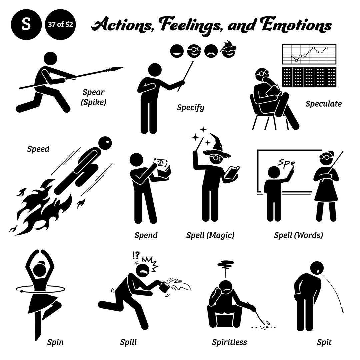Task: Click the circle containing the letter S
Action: (26, 25)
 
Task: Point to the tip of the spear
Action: (122, 68)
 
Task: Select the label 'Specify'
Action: (190, 107)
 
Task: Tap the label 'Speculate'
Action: (323, 104)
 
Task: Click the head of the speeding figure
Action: (106, 144)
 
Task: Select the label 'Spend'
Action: (146, 235)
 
